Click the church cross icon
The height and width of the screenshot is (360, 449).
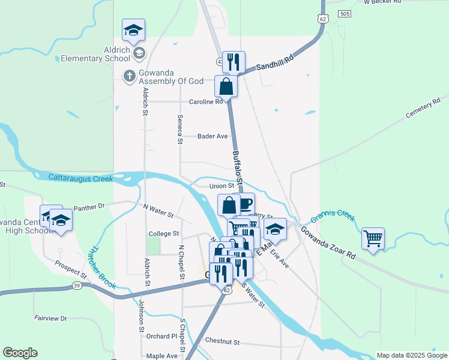point(128,76)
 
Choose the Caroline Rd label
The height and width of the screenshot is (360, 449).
point(206,102)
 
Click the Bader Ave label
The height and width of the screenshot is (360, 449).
point(212,136)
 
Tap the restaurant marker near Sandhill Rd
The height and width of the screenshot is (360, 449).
point(234,62)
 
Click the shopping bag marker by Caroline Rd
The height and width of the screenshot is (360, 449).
point(226,87)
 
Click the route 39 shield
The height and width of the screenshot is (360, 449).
point(76,285)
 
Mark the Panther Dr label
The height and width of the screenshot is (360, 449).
point(89,206)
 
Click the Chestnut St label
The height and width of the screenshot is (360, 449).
point(222,341)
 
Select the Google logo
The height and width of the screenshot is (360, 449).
point(20,353)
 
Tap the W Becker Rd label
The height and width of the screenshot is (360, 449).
point(382,2)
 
